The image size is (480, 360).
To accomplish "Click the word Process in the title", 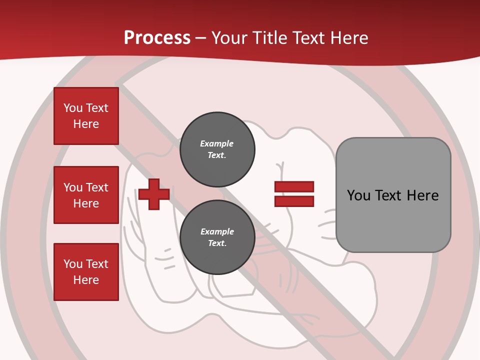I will (x=157, y=38).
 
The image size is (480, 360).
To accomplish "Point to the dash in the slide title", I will (x=200, y=38).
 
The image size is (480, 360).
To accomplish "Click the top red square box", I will (x=86, y=116).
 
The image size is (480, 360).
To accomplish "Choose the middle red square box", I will (x=86, y=195).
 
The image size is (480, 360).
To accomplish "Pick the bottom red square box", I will (x=86, y=272).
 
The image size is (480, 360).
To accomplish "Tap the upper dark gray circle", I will (x=217, y=149).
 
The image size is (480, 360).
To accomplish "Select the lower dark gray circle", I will (x=217, y=237).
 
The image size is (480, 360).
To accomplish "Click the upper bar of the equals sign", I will (x=294, y=186).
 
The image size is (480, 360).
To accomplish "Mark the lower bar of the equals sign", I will (x=294, y=201).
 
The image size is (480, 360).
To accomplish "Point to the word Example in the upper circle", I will (x=217, y=143).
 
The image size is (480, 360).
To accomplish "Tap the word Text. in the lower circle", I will (x=217, y=243).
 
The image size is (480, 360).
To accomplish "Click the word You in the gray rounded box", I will (x=358, y=195).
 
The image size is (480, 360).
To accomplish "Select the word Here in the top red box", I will (x=86, y=124).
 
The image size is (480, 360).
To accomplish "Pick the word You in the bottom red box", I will (x=73, y=264).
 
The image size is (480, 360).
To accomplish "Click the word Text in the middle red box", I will (x=97, y=187).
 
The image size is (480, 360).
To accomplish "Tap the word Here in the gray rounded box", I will (x=422, y=195).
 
